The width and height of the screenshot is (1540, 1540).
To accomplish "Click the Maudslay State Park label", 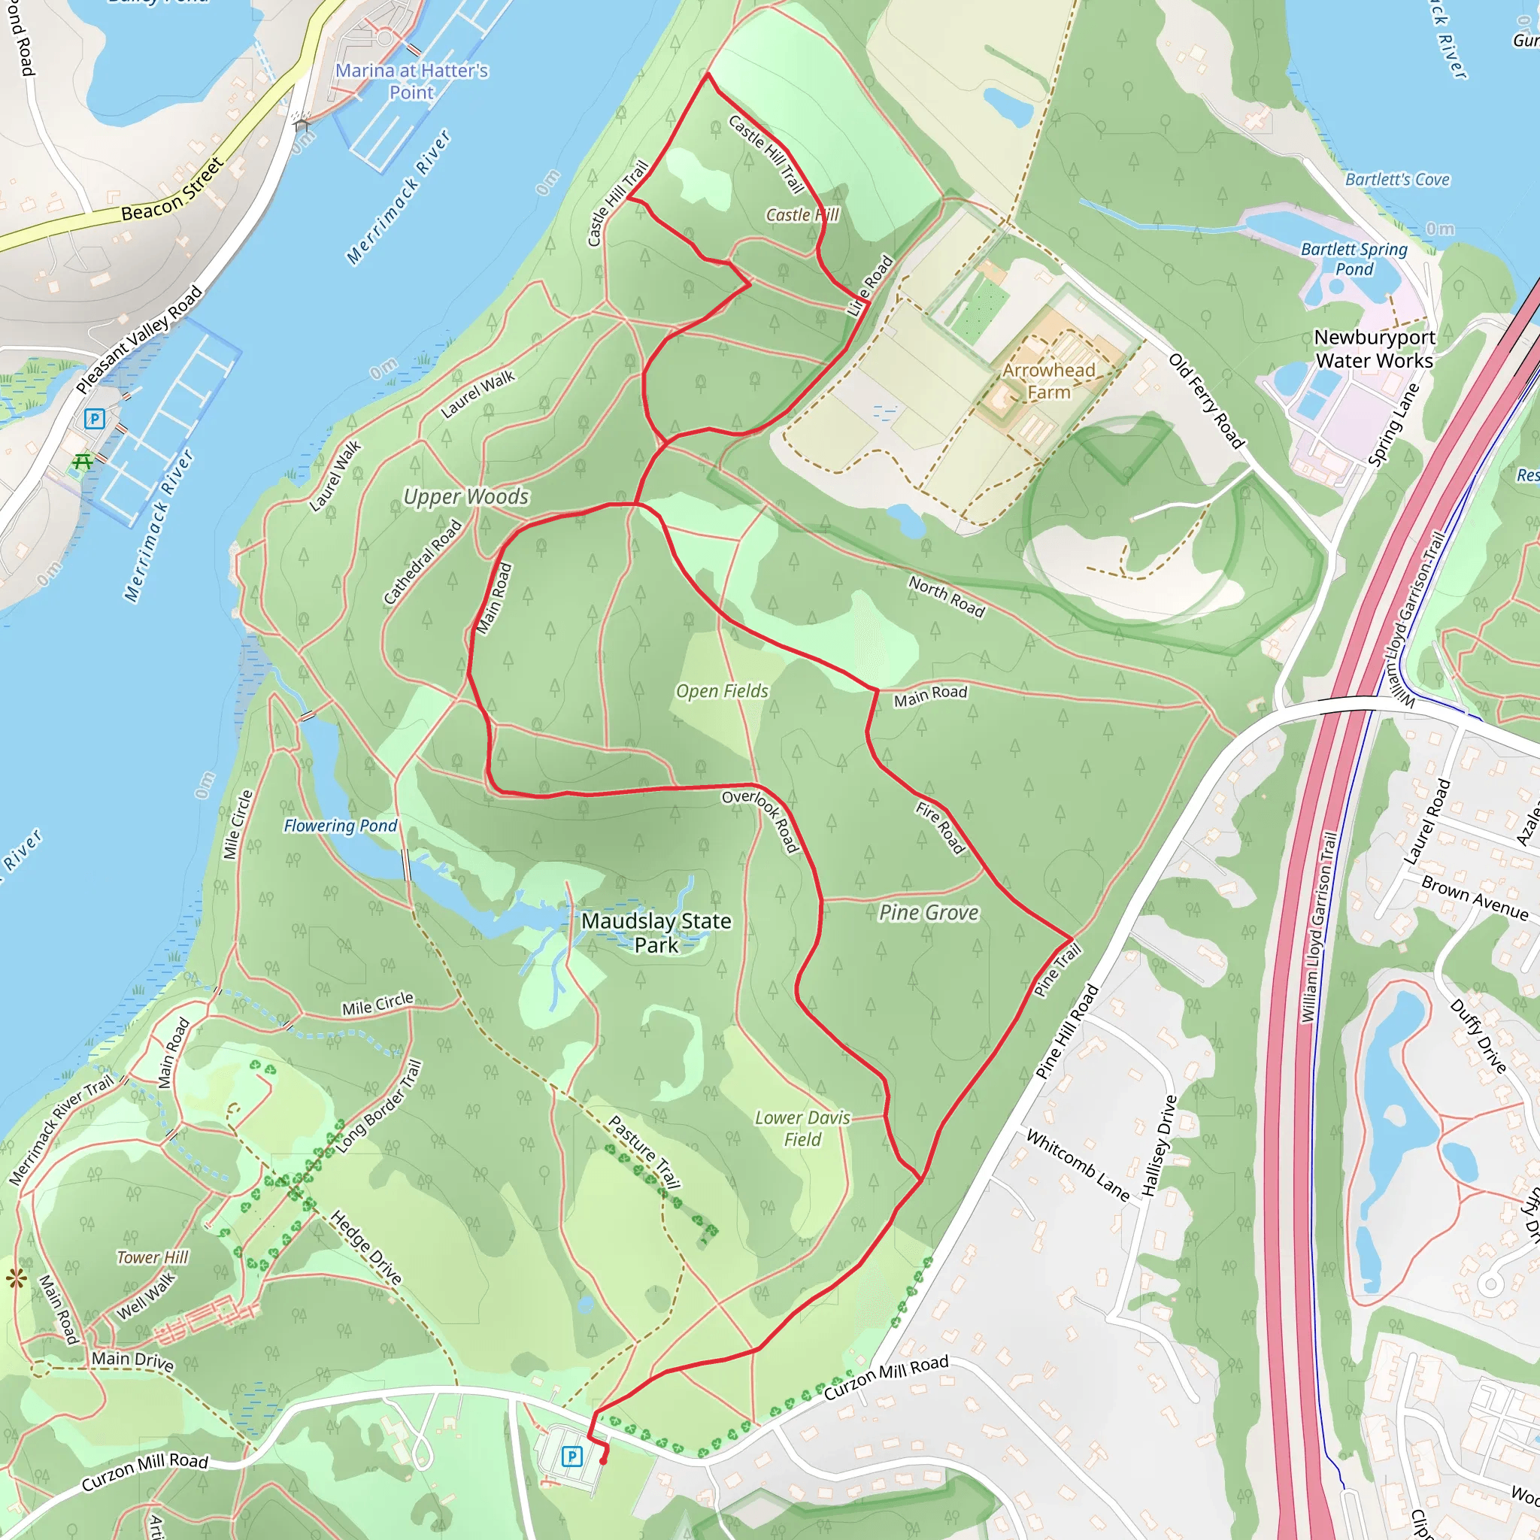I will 656,932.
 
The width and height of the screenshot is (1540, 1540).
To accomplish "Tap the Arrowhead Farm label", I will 1048,381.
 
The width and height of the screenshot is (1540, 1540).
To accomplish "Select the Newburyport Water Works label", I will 1375,349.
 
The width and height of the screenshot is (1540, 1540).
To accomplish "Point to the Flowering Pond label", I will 341,826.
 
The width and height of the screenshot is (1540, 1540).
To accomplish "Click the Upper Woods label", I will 466,496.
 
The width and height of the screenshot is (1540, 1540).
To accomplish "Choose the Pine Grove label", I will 929,913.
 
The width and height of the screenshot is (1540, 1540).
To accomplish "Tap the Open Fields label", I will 722,691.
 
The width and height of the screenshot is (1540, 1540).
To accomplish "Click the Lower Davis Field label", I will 802,1129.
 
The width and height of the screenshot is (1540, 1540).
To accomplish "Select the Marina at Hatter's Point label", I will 411,81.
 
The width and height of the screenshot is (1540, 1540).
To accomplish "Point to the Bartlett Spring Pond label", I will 1354,259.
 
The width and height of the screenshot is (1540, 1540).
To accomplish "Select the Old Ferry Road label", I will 1206,400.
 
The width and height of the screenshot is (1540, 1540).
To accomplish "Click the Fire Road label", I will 941,828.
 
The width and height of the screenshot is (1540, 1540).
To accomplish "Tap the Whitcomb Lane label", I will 1078,1166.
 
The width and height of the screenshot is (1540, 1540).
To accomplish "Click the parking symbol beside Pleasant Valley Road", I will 94,419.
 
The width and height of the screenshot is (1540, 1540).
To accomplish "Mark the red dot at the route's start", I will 603,1461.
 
